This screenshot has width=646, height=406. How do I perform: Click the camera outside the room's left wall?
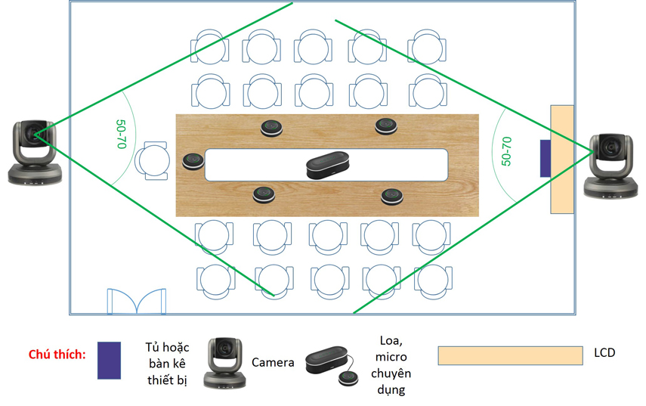(35, 152)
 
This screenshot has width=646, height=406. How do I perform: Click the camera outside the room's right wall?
(611, 166)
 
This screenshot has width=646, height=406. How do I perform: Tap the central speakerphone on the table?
(327, 165)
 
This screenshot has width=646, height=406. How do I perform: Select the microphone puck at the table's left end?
(193, 161)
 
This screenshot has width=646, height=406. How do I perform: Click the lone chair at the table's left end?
(152, 161)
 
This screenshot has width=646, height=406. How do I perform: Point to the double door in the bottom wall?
(137, 302)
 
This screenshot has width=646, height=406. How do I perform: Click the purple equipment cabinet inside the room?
(546, 158)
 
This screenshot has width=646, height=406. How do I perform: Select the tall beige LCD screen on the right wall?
(562, 160)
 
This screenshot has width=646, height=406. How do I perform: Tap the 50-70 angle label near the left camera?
(121, 134)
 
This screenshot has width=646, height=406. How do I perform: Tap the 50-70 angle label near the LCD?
(506, 151)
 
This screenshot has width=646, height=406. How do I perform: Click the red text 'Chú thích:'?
(57, 354)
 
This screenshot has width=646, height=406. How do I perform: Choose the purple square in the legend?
(109, 360)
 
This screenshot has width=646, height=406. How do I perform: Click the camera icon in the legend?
(225, 363)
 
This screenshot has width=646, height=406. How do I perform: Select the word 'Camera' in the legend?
(273, 362)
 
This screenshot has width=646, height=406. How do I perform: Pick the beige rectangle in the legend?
(510, 355)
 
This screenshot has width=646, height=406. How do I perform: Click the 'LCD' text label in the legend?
(604, 352)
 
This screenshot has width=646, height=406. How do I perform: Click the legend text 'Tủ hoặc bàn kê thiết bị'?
(167, 363)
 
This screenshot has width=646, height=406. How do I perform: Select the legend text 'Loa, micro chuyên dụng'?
(391, 364)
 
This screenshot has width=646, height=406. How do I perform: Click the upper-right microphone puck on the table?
(386, 126)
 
